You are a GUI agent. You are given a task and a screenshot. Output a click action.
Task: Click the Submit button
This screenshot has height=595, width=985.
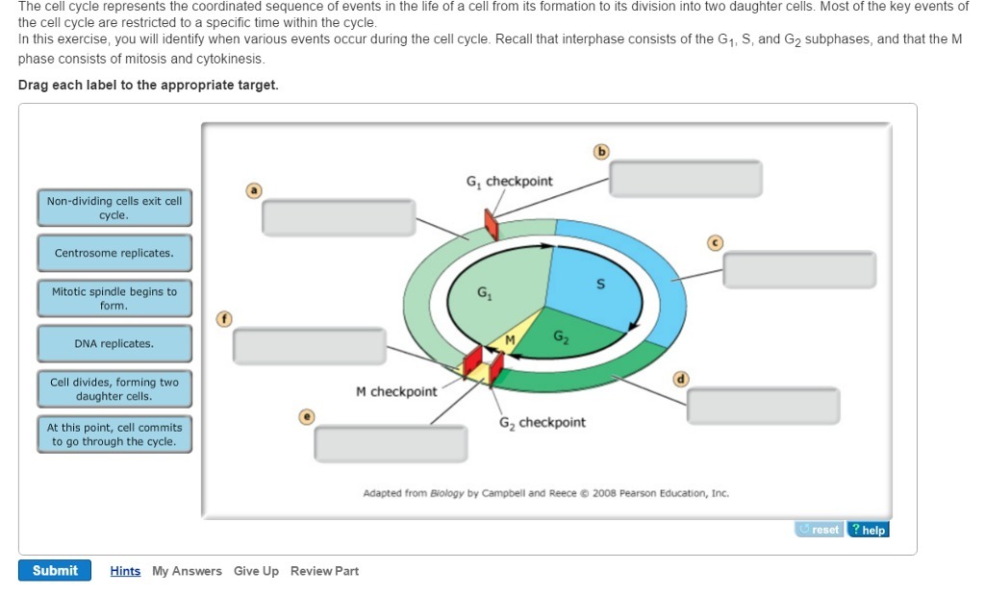tap(55, 571)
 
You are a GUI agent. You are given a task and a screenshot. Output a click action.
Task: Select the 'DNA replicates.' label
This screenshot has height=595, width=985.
tap(114, 344)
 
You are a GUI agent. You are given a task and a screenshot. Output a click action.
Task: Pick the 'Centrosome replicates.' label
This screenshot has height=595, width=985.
tap(114, 254)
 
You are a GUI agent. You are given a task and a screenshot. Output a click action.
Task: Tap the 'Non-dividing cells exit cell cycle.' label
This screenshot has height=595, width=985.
tap(114, 209)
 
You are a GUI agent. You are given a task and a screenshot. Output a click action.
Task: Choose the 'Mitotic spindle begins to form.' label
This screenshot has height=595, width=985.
tap(114, 299)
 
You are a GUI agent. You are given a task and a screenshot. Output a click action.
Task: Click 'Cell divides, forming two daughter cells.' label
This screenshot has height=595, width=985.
tap(114, 389)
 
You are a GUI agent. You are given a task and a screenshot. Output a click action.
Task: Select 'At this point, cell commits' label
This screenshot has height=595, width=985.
tap(114, 434)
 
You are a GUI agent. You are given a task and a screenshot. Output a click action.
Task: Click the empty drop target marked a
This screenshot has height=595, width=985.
tap(339, 217)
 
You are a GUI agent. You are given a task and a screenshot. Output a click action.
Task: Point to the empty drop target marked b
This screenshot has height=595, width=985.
tap(686, 179)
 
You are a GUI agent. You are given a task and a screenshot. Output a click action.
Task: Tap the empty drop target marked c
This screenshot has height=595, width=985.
tap(799, 270)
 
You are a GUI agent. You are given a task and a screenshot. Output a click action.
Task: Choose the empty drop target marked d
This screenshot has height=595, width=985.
tap(763, 406)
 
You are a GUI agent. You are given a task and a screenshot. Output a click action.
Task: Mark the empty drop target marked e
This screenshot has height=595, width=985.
tap(391, 443)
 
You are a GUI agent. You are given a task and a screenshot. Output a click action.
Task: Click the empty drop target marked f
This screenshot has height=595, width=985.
tap(309, 346)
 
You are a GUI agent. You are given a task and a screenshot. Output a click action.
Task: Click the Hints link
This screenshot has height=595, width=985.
tap(125, 571)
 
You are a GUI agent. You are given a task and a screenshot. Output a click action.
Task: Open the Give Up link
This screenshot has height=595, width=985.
tap(256, 571)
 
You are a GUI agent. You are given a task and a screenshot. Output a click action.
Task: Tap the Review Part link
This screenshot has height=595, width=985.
tap(324, 571)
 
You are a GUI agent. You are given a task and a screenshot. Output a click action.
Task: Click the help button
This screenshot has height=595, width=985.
tap(868, 530)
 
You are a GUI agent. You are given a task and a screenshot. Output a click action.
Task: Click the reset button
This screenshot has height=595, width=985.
tap(820, 530)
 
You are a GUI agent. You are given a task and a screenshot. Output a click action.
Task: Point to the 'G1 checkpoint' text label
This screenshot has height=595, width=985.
tap(509, 182)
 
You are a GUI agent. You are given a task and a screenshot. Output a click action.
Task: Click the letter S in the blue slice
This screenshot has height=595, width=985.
tap(601, 285)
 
